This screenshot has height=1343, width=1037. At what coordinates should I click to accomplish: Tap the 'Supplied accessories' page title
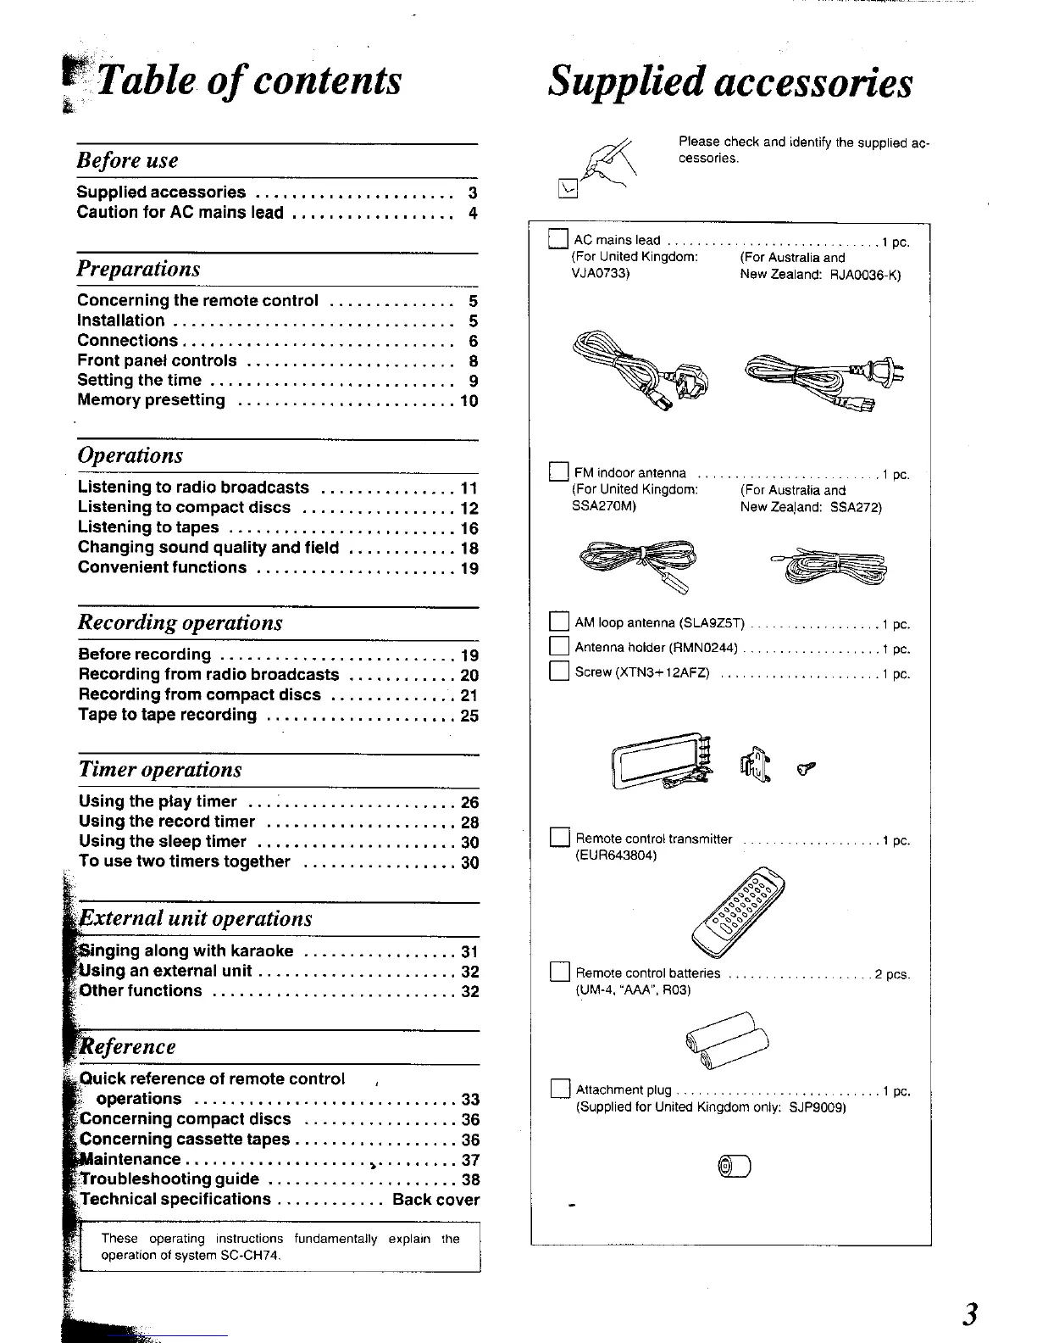[729, 83]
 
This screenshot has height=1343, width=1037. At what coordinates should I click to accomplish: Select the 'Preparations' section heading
[139, 269]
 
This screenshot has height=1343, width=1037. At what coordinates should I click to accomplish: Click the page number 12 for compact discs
[469, 509]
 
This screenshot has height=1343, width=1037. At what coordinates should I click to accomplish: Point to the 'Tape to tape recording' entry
[168, 715]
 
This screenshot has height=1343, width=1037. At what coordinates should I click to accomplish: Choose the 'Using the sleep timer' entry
[163, 842]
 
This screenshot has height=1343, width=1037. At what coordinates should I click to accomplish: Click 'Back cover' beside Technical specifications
[435, 1200]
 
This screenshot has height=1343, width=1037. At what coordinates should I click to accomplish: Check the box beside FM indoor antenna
[559, 471]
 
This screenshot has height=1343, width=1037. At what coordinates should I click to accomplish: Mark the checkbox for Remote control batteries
[559, 972]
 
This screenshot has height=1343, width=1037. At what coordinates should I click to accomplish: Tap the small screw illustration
[808, 768]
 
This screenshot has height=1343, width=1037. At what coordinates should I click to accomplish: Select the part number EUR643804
[616, 856]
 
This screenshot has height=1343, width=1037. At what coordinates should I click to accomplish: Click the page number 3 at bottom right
[971, 1313]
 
